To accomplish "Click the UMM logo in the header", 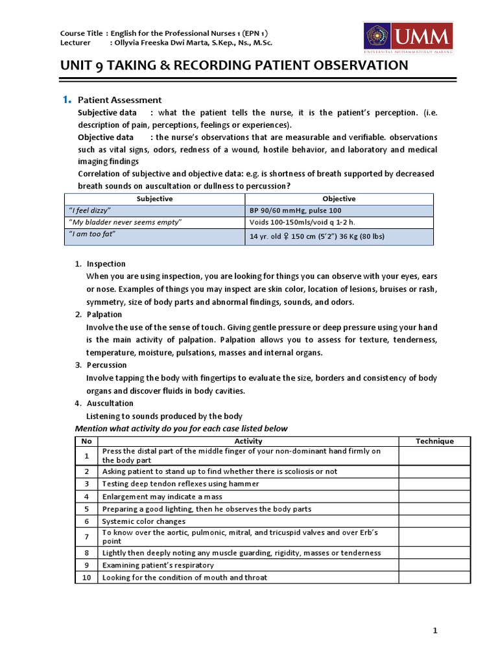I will pyautogui.click(x=407, y=38).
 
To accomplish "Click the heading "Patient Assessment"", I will pyautogui.click(x=119, y=100).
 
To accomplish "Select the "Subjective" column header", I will pyautogui.click(x=155, y=198).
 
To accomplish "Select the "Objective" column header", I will pyautogui.click(x=338, y=198).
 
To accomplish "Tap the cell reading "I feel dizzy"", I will pyautogui.click(x=90, y=211).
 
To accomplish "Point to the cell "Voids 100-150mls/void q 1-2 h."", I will pyautogui.click(x=303, y=222).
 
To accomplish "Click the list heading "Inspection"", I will pyautogui.click(x=106, y=264).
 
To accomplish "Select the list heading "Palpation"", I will pyautogui.click(x=104, y=314).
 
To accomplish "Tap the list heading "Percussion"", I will pyautogui.click(x=106, y=365).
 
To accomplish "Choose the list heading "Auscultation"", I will pyautogui.click(x=110, y=403).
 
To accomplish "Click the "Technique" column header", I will pyautogui.click(x=434, y=441).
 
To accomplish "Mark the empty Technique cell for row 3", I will pyautogui.click(x=434, y=484).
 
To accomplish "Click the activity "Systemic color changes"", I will pyautogui.click(x=143, y=521).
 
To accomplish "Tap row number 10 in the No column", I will pyautogui.click(x=86, y=577).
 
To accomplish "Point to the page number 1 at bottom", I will pyautogui.click(x=436, y=630).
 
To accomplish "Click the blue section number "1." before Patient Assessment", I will pyautogui.click(x=66, y=100).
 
